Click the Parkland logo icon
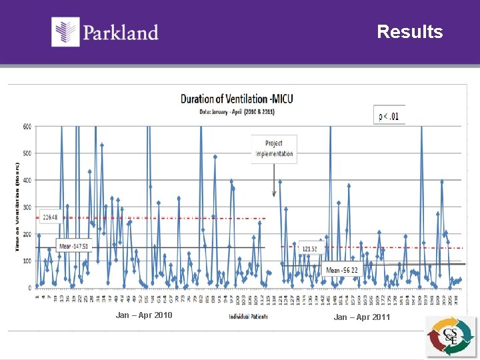65,32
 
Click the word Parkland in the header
121,33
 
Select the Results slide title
409,32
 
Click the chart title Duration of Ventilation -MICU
237,99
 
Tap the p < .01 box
389,117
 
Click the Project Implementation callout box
274,147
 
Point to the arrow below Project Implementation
273,180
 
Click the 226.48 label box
51,217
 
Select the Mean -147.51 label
74,247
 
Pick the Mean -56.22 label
342,270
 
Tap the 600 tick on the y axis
27,126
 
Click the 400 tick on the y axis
27,180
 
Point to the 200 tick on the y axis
27,234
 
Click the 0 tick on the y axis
29,288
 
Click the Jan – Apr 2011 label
362,317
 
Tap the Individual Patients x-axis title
248,317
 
